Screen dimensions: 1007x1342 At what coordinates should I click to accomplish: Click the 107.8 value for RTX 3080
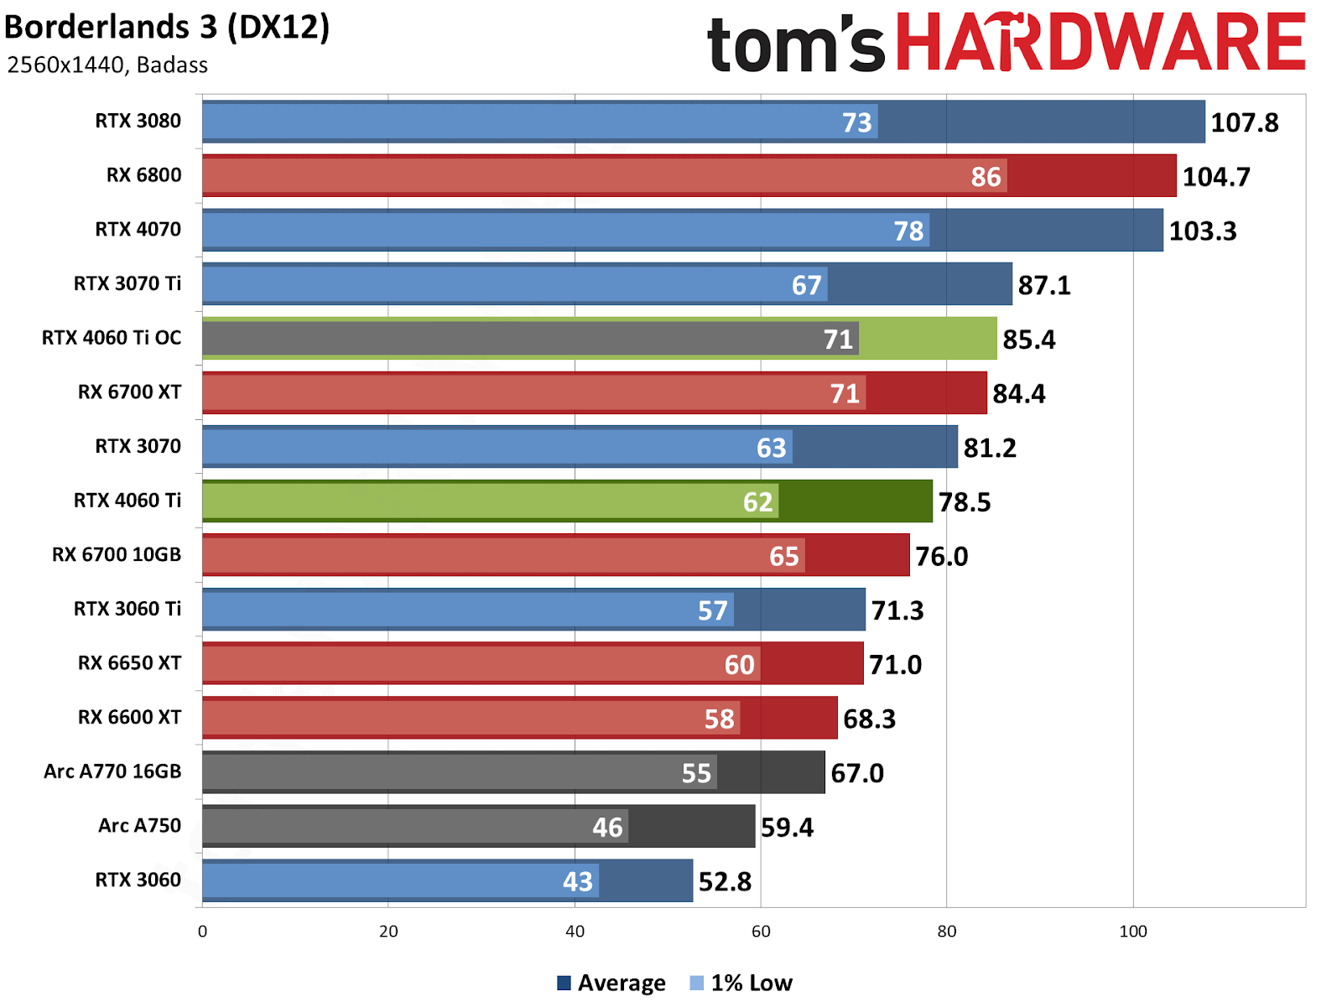click(x=1244, y=122)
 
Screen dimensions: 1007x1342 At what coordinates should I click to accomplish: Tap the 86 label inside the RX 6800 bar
click(x=986, y=177)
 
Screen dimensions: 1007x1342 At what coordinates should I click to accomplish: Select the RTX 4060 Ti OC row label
click(x=112, y=338)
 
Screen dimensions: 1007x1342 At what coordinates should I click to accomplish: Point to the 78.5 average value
click(x=964, y=502)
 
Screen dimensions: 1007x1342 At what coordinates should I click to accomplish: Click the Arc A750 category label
click(x=139, y=826)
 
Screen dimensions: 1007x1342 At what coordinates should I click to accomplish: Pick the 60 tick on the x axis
click(x=761, y=932)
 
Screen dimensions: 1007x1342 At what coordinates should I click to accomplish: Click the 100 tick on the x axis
click(x=1133, y=932)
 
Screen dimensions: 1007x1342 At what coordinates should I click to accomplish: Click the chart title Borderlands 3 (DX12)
click(x=167, y=28)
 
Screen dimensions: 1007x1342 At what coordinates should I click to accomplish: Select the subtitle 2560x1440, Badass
click(x=107, y=65)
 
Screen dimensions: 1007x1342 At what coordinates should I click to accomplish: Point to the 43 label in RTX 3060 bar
click(x=577, y=881)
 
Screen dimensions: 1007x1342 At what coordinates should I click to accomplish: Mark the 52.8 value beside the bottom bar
click(x=725, y=881)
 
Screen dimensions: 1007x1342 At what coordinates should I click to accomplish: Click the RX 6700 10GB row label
click(x=117, y=555)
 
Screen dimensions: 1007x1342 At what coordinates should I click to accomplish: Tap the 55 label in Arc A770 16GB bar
click(x=696, y=773)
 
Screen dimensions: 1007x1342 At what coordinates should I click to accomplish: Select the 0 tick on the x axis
click(x=202, y=932)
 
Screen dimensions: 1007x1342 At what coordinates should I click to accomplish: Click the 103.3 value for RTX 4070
click(x=1202, y=231)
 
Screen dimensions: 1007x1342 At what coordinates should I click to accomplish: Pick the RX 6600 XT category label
click(x=129, y=718)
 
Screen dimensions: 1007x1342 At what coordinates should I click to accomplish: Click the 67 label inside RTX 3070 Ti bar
click(x=806, y=286)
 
